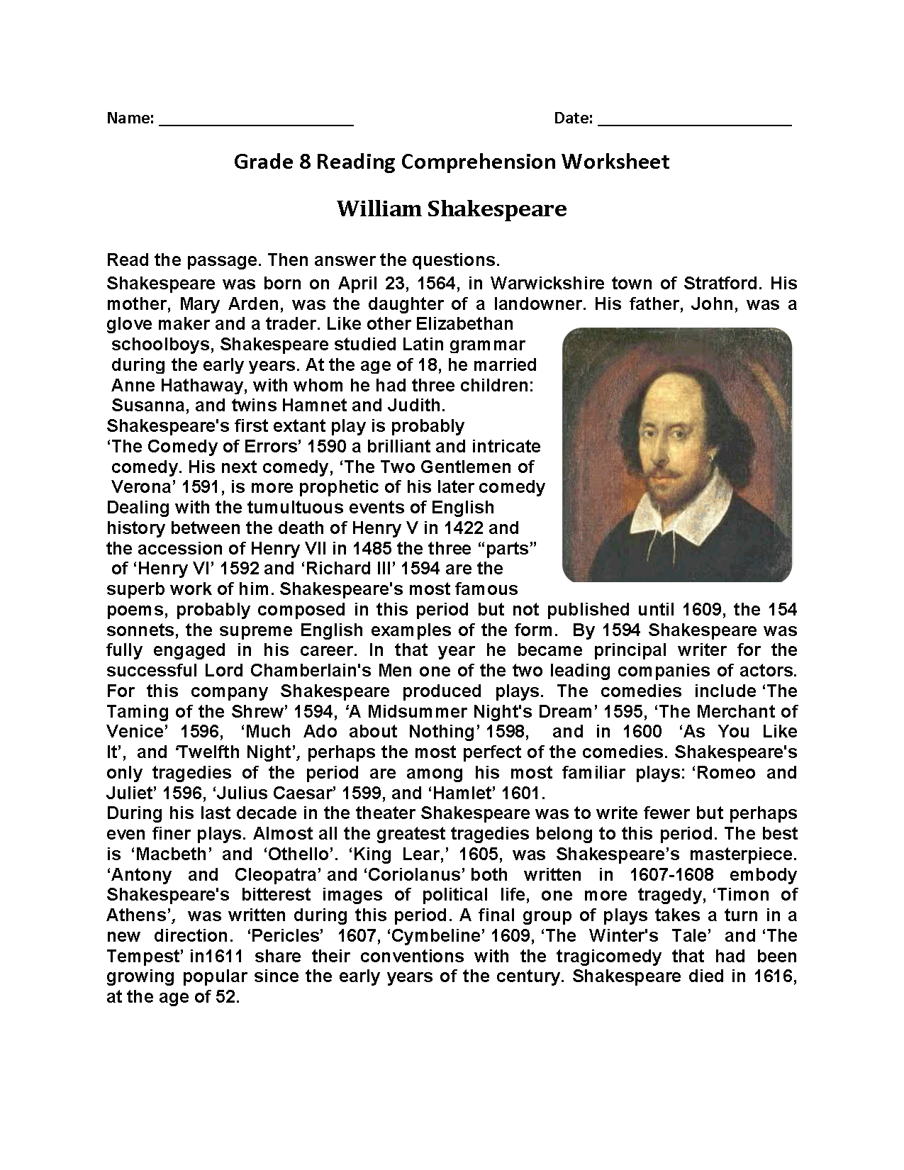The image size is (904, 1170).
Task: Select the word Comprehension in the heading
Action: pos(479,162)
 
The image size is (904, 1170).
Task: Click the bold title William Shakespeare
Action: pos(452,209)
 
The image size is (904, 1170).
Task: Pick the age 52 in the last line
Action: pos(226,997)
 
